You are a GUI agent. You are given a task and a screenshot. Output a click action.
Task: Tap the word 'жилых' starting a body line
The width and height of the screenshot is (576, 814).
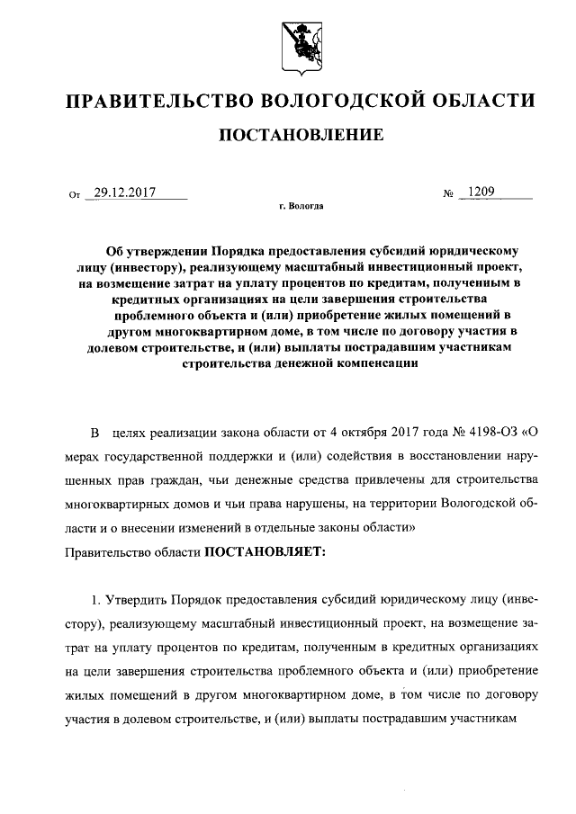click(x=84, y=694)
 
